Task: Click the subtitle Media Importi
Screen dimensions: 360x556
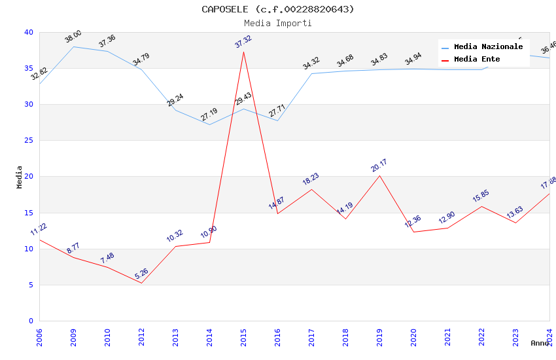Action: pos(278,23)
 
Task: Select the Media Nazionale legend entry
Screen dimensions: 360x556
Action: pos(488,47)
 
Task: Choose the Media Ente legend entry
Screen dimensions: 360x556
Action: pos(477,60)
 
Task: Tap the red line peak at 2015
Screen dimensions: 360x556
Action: pos(243,52)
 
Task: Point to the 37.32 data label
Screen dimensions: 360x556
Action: pos(243,42)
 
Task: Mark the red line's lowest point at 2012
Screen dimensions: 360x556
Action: pos(141,283)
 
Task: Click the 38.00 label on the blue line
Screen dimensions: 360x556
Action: pos(73,37)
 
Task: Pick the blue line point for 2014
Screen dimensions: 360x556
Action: pos(209,124)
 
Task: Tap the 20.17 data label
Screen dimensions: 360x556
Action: pos(379,166)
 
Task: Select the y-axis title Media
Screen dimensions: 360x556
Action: pos(20,177)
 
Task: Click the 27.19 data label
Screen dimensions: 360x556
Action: pos(209,115)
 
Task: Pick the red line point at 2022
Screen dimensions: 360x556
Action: pos(481,206)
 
